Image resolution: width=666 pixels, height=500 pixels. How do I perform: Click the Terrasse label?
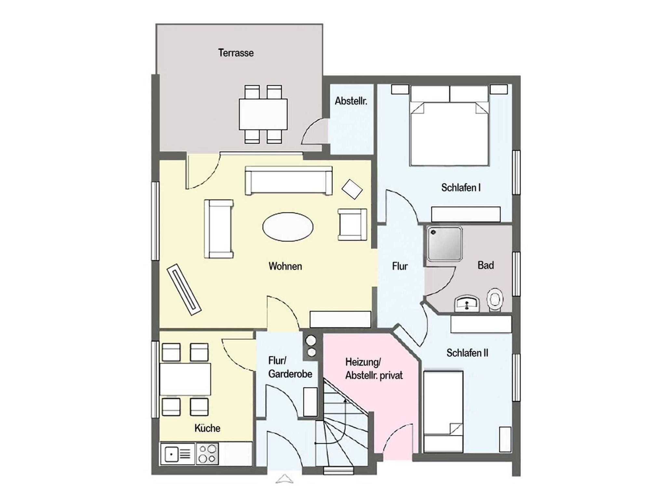click(236, 53)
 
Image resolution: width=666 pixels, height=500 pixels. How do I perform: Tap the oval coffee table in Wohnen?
click(288, 227)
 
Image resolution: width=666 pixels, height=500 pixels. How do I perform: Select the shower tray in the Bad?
click(445, 244)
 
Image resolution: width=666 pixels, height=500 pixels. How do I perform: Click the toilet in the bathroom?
click(495, 299)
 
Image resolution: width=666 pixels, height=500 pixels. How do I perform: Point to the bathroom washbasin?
click(467, 303)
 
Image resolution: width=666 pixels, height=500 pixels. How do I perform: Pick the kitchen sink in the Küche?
click(178, 454)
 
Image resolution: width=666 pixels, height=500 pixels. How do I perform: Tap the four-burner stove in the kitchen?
click(207, 454)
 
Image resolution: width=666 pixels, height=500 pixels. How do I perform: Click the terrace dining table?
click(263, 114)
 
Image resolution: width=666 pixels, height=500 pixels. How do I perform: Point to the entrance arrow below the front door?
click(284, 479)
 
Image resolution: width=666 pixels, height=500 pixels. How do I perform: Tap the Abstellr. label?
click(351, 101)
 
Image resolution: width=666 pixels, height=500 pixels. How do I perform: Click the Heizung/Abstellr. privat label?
click(374, 369)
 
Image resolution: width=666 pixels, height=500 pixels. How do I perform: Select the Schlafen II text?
click(467, 353)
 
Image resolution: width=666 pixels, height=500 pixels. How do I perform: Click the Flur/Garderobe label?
click(290, 367)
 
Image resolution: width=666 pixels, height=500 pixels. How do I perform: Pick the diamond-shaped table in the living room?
click(352, 189)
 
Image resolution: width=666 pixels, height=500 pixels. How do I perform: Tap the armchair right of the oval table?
click(353, 225)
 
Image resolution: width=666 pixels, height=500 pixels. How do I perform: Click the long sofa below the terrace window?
click(289, 180)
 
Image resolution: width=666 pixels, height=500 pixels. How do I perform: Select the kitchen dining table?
click(185, 379)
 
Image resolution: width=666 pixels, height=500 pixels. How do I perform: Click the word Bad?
click(486, 265)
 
